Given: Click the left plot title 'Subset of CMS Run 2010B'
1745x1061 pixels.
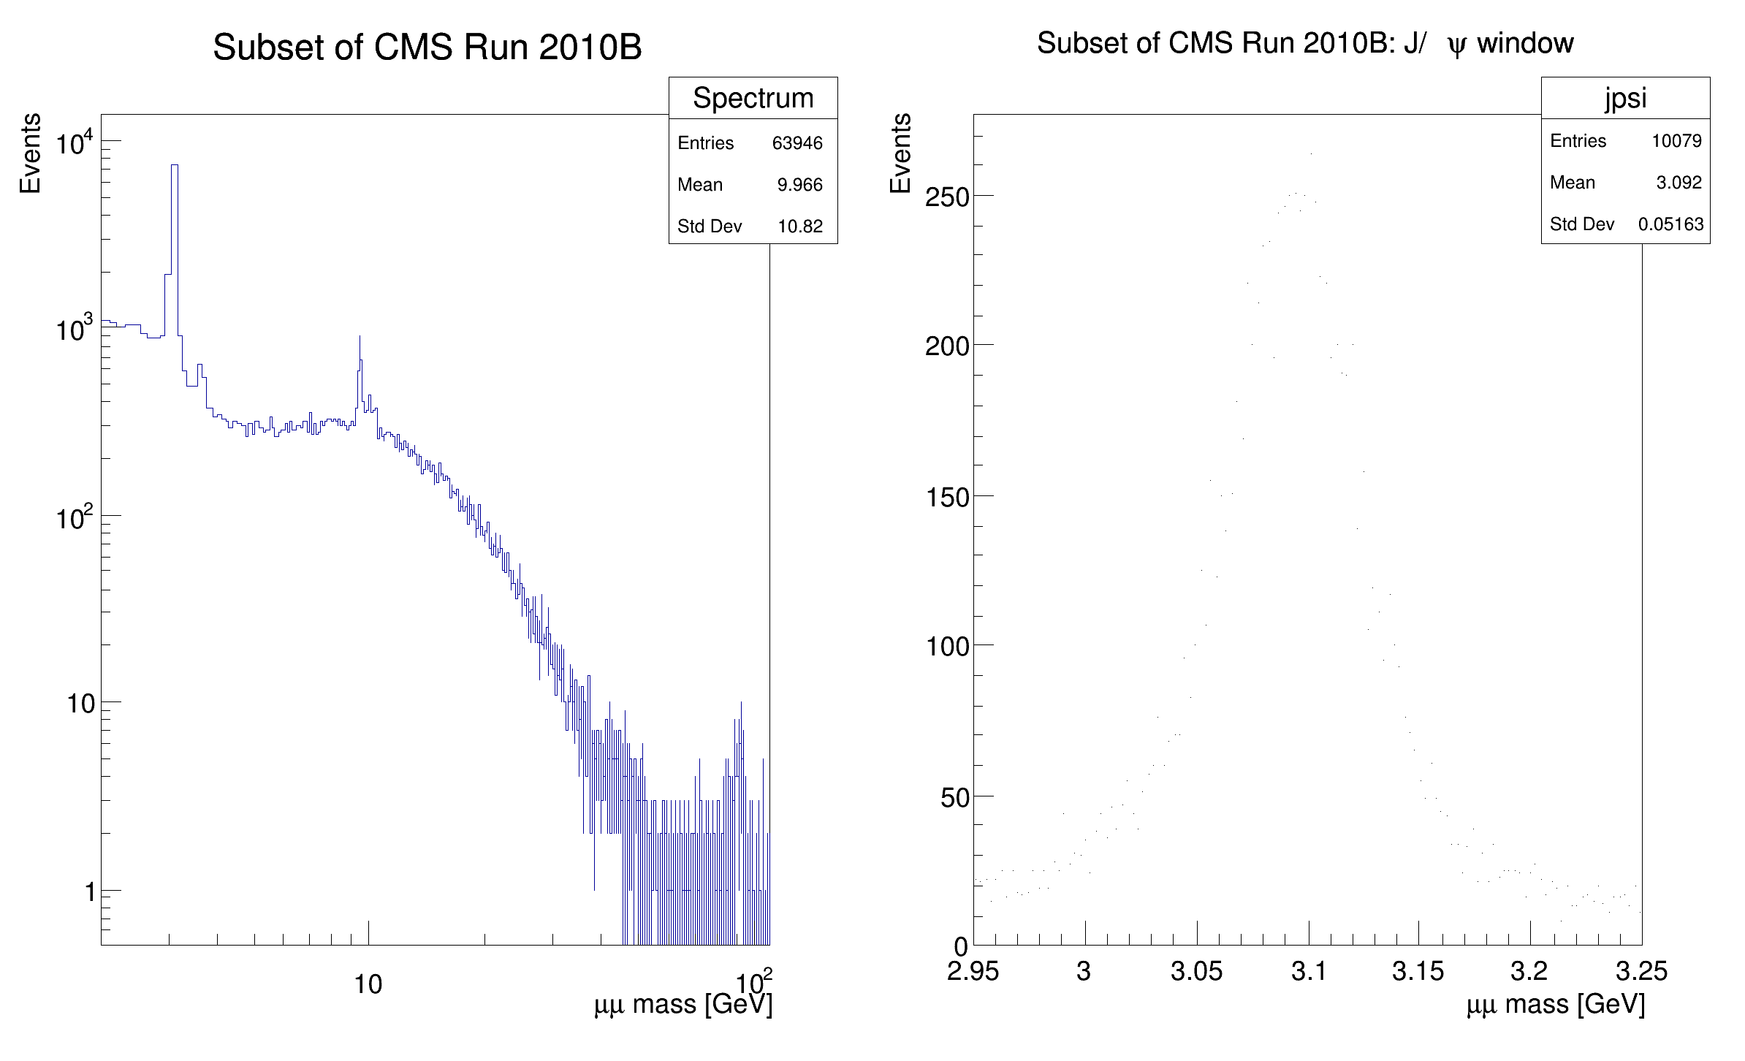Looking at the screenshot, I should click(427, 48).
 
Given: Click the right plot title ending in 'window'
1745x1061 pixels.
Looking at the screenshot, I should click(1305, 44).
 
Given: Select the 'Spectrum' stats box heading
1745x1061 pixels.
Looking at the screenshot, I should click(753, 98).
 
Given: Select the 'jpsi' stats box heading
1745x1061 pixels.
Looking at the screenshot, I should click(1625, 98).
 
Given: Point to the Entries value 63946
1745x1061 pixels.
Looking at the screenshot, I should click(797, 143).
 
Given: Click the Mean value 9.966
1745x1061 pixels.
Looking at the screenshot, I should click(800, 185).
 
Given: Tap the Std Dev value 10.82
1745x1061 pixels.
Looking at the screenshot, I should click(800, 227).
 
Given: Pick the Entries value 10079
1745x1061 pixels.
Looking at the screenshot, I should click(1676, 141).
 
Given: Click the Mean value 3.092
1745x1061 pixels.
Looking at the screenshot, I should click(1679, 183).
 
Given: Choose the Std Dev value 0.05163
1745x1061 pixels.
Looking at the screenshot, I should click(1670, 224).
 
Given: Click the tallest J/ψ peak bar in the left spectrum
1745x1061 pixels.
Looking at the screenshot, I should click(175, 219).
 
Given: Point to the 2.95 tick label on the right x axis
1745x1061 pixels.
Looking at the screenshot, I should click(972, 971).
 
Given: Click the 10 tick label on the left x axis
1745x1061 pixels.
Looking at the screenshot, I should click(368, 985).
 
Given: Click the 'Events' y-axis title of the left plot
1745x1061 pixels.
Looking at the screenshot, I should click(30, 153).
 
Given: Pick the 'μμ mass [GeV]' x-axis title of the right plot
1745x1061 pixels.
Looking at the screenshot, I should click(1555, 1005).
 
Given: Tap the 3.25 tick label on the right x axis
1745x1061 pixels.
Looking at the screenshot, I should click(1641, 971).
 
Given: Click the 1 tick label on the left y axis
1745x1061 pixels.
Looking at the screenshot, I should click(90, 892).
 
